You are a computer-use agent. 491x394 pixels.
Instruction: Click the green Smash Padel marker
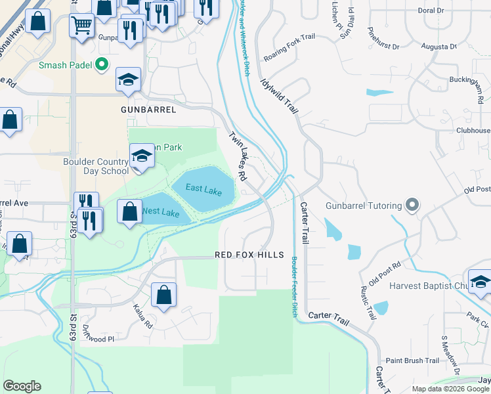pyautogui.click(x=102, y=64)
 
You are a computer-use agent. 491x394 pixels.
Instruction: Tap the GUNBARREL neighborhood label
pyautogui.click(x=148, y=110)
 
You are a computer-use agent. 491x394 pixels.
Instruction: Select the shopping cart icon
pyautogui.click(x=81, y=27)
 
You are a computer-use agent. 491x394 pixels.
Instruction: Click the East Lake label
pyautogui.click(x=203, y=188)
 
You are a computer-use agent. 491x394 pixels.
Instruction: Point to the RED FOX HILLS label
pyautogui.click(x=249, y=255)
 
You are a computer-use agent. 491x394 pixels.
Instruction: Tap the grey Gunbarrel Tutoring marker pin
pyautogui.click(x=412, y=206)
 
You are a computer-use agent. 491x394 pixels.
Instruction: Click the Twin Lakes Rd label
pyautogui.click(x=237, y=156)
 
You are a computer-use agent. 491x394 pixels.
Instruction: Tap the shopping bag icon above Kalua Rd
pyautogui.click(x=163, y=295)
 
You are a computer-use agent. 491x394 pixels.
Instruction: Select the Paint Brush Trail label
pyautogui.click(x=412, y=361)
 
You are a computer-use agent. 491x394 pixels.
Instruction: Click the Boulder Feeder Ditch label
pyautogui.click(x=293, y=287)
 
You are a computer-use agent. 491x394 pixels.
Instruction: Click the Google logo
pyautogui.click(x=22, y=386)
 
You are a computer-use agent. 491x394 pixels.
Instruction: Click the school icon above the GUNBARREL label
pyautogui.click(x=128, y=80)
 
